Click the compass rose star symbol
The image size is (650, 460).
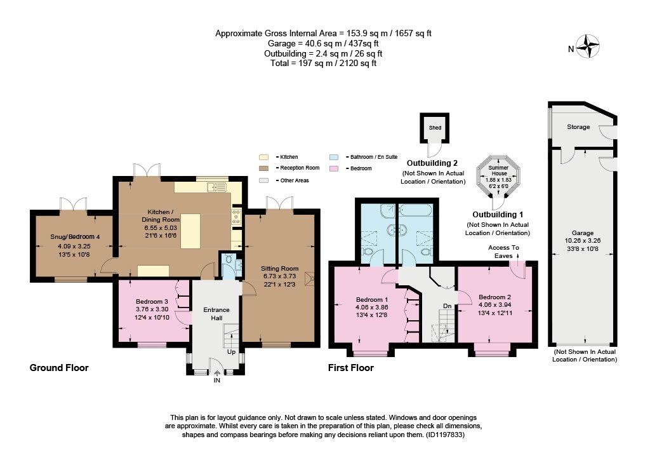click(588, 46)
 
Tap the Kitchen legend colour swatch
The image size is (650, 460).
click(263, 157)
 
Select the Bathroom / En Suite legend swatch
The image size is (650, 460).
click(333, 157)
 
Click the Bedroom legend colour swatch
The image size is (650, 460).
click(333, 168)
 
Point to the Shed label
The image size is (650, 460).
click(435, 128)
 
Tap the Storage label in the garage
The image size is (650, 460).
click(578, 127)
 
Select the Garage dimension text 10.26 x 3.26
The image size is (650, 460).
click(583, 241)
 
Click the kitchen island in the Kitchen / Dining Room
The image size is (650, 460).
click(190, 231)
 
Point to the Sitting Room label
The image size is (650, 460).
click(279, 268)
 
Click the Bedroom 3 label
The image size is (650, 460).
click(152, 302)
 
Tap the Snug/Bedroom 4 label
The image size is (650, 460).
click(75, 237)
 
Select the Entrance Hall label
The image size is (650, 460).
click(216, 314)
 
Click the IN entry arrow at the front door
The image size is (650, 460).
click(217, 373)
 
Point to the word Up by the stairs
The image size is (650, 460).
click(231, 352)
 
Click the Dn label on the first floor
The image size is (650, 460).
click(447, 306)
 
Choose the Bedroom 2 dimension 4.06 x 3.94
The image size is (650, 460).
click(494, 305)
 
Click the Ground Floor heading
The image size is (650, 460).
click(59, 368)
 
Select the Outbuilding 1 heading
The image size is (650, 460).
click(498, 215)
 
